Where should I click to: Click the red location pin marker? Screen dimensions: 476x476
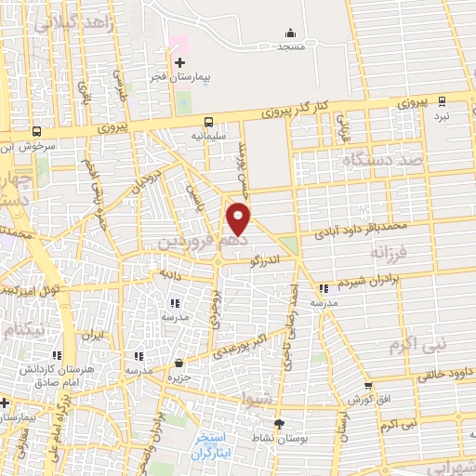[x=239, y=218]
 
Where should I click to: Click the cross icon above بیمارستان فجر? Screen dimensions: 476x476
[x=179, y=62]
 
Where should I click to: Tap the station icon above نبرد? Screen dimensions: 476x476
[x=442, y=101]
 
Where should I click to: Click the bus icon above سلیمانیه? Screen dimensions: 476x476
[x=208, y=120]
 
